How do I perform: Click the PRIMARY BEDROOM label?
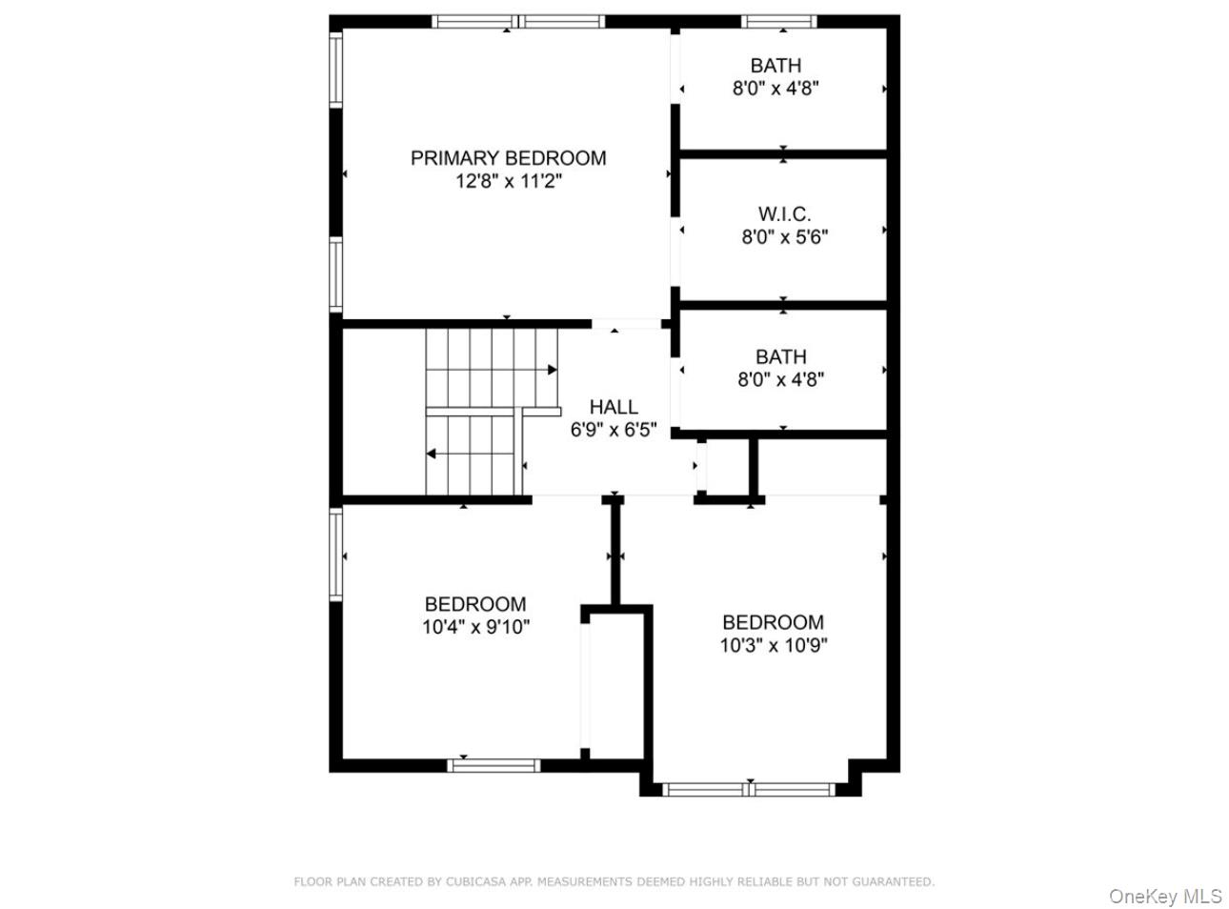click(x=508, y=158)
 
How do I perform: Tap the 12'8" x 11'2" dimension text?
click(x=508, y=182)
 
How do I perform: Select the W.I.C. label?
click(x=784, y=214)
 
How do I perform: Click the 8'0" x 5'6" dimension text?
click(x=784, y=237)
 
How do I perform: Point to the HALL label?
click(x=614, y=407)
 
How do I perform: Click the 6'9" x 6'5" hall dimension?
click(x=614, y=430)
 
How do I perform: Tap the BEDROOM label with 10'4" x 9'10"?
click(x=475, y=604)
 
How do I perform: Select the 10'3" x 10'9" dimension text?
click(x=773, y=646)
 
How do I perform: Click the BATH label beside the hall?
click(x=780, y=356)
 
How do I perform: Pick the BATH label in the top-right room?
click(x=776, y=66)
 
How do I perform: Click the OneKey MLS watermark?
click(x=1164, y=897)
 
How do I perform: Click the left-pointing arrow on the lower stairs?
click(x=432, y=454)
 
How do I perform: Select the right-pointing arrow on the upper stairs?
click(x=552, y=369)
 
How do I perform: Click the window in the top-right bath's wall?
click(x=779, y=21)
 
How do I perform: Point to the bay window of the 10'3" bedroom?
click(x=749, y=789)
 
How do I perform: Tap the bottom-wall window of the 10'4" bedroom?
click(x=494, y=765)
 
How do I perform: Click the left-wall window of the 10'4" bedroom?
click(x=335, y=555)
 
